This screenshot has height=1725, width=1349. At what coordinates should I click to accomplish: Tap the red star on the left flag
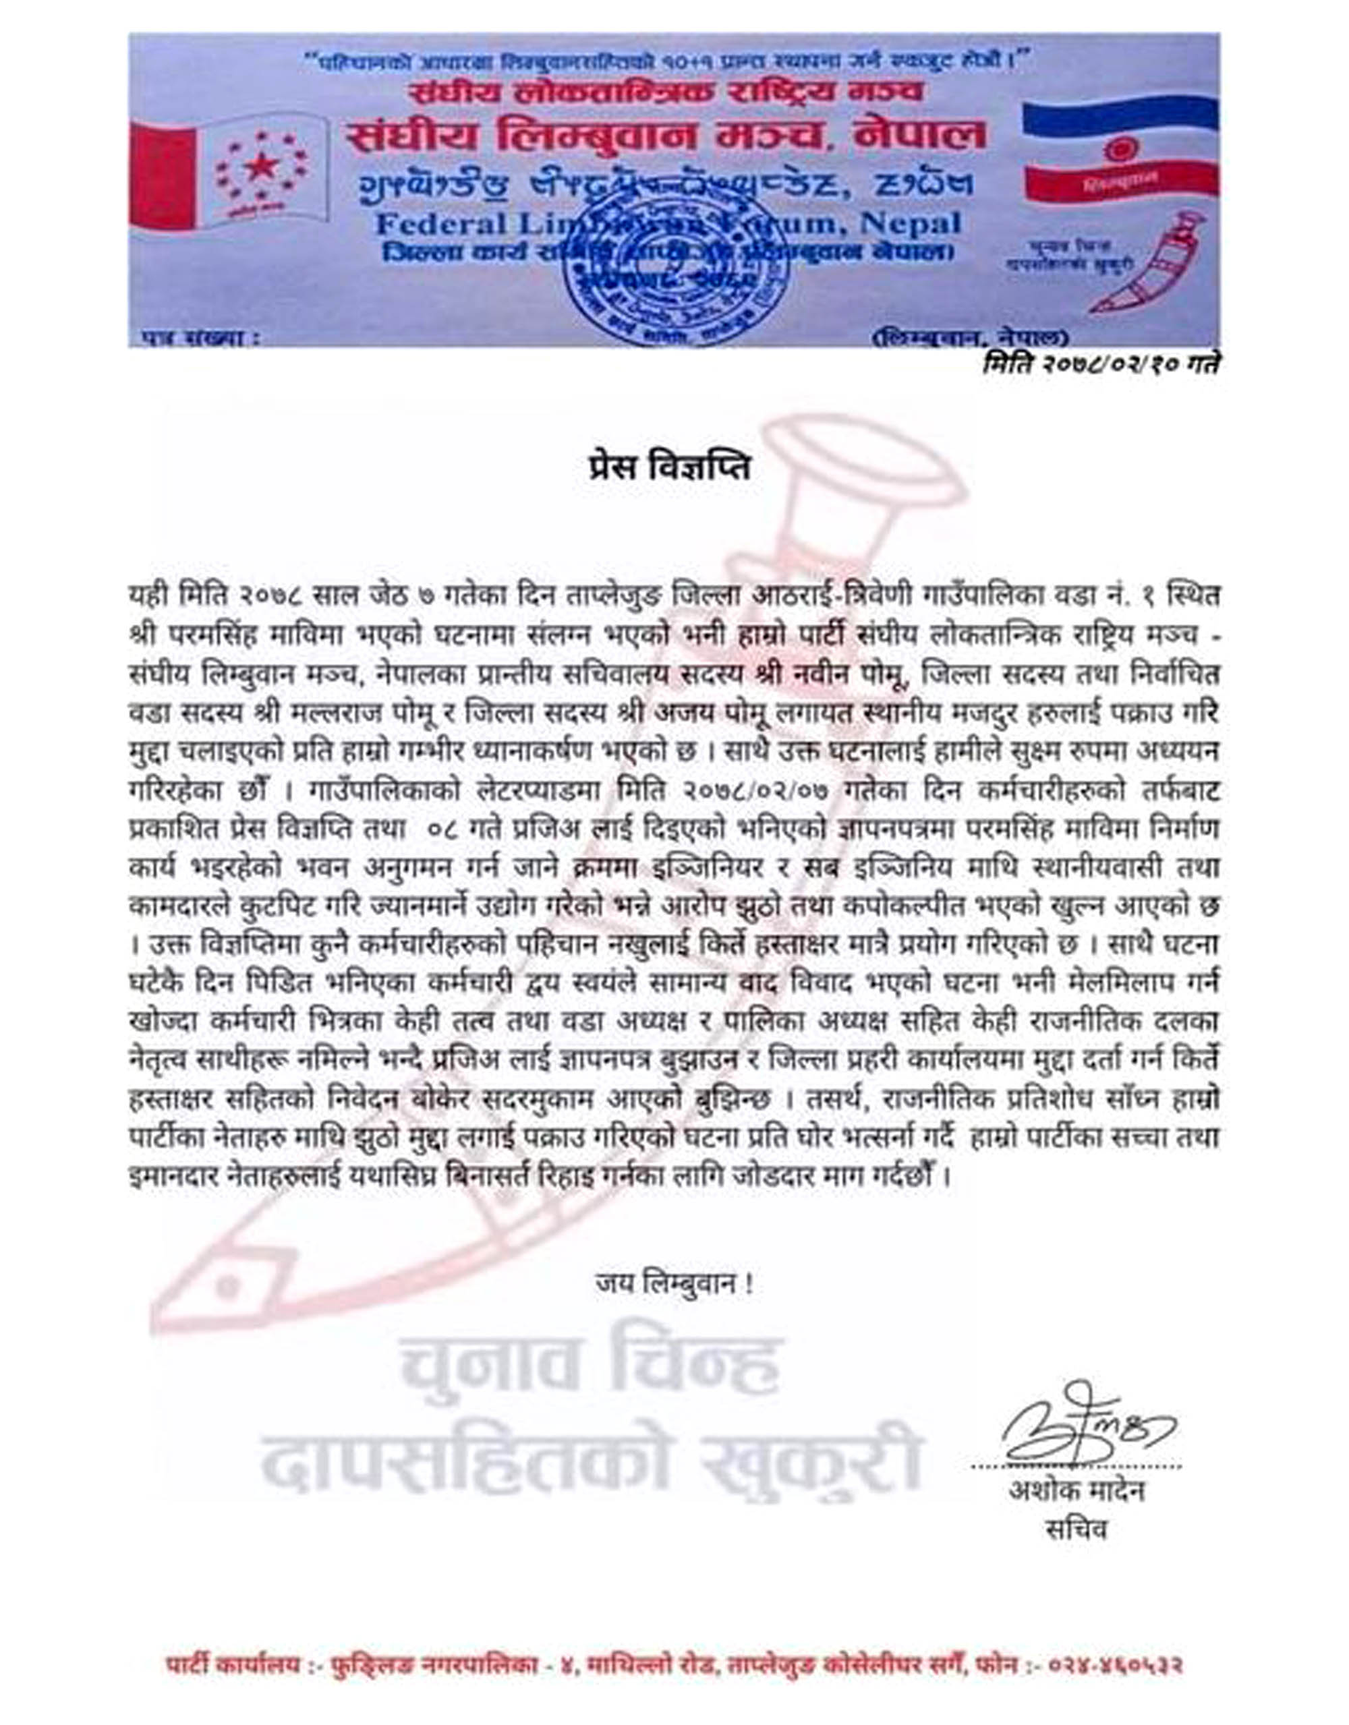click(257, 167)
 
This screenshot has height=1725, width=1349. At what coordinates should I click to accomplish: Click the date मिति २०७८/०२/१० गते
click(1100, 364)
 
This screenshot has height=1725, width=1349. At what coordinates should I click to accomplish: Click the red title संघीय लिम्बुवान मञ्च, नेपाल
click(665, 135)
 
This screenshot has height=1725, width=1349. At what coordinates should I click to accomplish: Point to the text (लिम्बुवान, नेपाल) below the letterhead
click(971, 339)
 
